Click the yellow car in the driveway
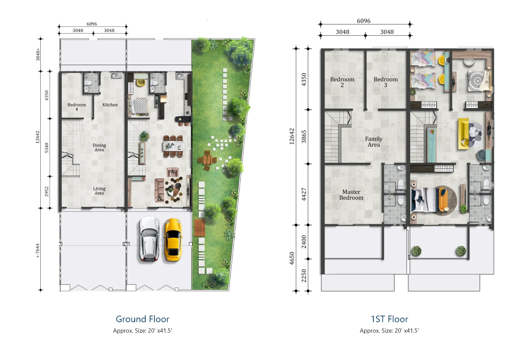point(173,240)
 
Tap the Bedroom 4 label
point(77,107)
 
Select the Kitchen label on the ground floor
point(110,105)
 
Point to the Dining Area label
point(99,147)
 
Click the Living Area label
point(99,191)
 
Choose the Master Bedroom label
point(351,195)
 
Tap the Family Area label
point(374,142)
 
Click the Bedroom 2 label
point(342,82)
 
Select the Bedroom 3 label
point(386,82)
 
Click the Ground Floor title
point(143,319)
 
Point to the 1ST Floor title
point(389,319)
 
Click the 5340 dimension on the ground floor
point(47,148)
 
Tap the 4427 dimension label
point(304,194)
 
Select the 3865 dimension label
point(304,137)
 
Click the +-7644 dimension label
point(38,251)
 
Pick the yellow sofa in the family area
point(463,134)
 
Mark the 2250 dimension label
point(304,276)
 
